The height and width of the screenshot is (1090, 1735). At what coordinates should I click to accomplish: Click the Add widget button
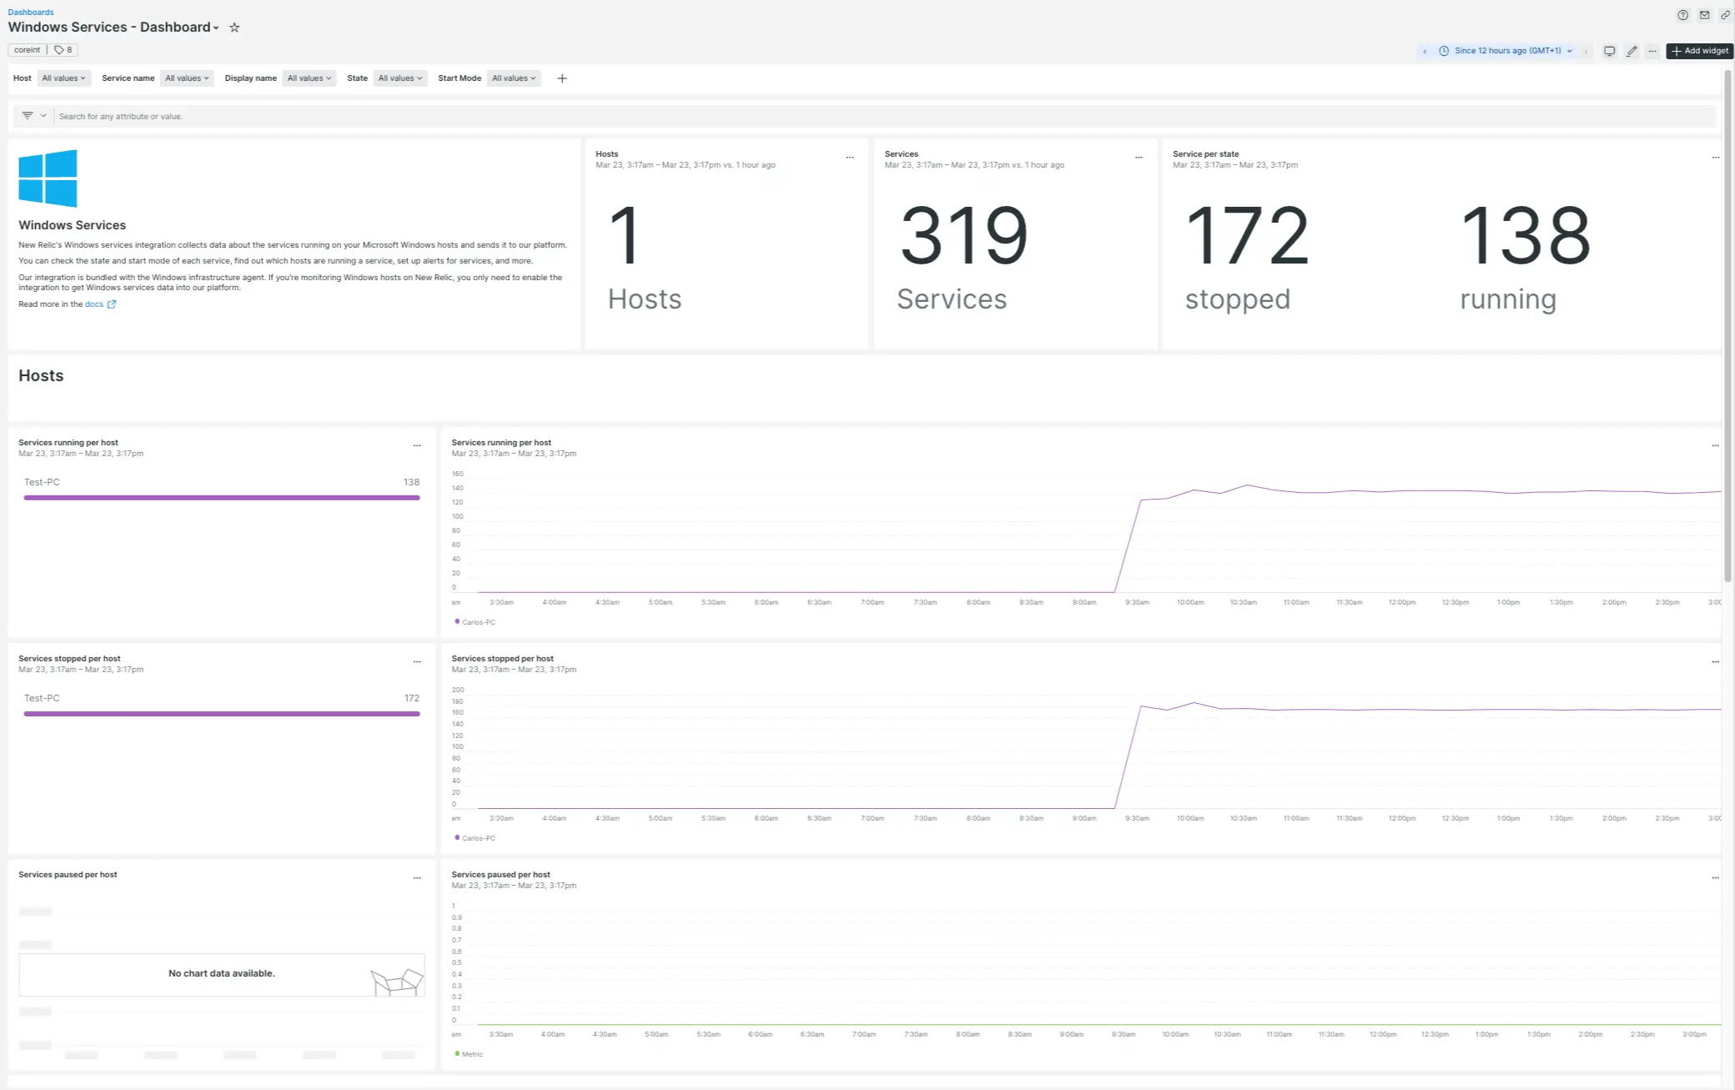tap(1699, 51)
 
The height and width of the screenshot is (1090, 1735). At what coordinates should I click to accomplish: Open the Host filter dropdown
tap(63, 78)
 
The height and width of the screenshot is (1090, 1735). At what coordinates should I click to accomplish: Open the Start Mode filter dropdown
tap(513, 78)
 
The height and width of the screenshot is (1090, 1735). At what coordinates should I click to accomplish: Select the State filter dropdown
tap(400, 78)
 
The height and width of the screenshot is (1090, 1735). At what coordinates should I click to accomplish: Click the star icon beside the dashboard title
tap(234, 28)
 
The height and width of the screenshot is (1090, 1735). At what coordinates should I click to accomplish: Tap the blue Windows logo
tap(48, 178)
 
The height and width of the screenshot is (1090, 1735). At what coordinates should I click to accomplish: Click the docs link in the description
tap(94, 304)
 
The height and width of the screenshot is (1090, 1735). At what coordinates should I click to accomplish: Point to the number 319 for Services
tap(963, 236)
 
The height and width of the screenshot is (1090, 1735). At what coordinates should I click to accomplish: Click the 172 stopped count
tap(1246, 236)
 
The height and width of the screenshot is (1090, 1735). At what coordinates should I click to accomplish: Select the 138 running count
tap(1525, 236)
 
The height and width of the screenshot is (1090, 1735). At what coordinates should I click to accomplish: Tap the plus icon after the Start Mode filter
tap(562, 78)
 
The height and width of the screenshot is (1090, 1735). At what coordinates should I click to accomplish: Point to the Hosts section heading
tap(41, 376)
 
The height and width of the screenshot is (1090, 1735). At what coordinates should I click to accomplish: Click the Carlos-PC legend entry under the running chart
tap(477, 622)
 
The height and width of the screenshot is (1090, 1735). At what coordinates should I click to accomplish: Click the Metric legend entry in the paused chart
tap(471, 1054)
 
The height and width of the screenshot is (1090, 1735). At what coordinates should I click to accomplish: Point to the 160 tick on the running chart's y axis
tap(457, 474)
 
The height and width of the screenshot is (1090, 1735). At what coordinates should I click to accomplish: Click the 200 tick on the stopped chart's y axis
tap(457, 690)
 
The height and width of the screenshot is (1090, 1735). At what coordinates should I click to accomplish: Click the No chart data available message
tap(221, 973)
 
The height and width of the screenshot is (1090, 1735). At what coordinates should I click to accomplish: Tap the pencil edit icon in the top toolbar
tap(1632, 51)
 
